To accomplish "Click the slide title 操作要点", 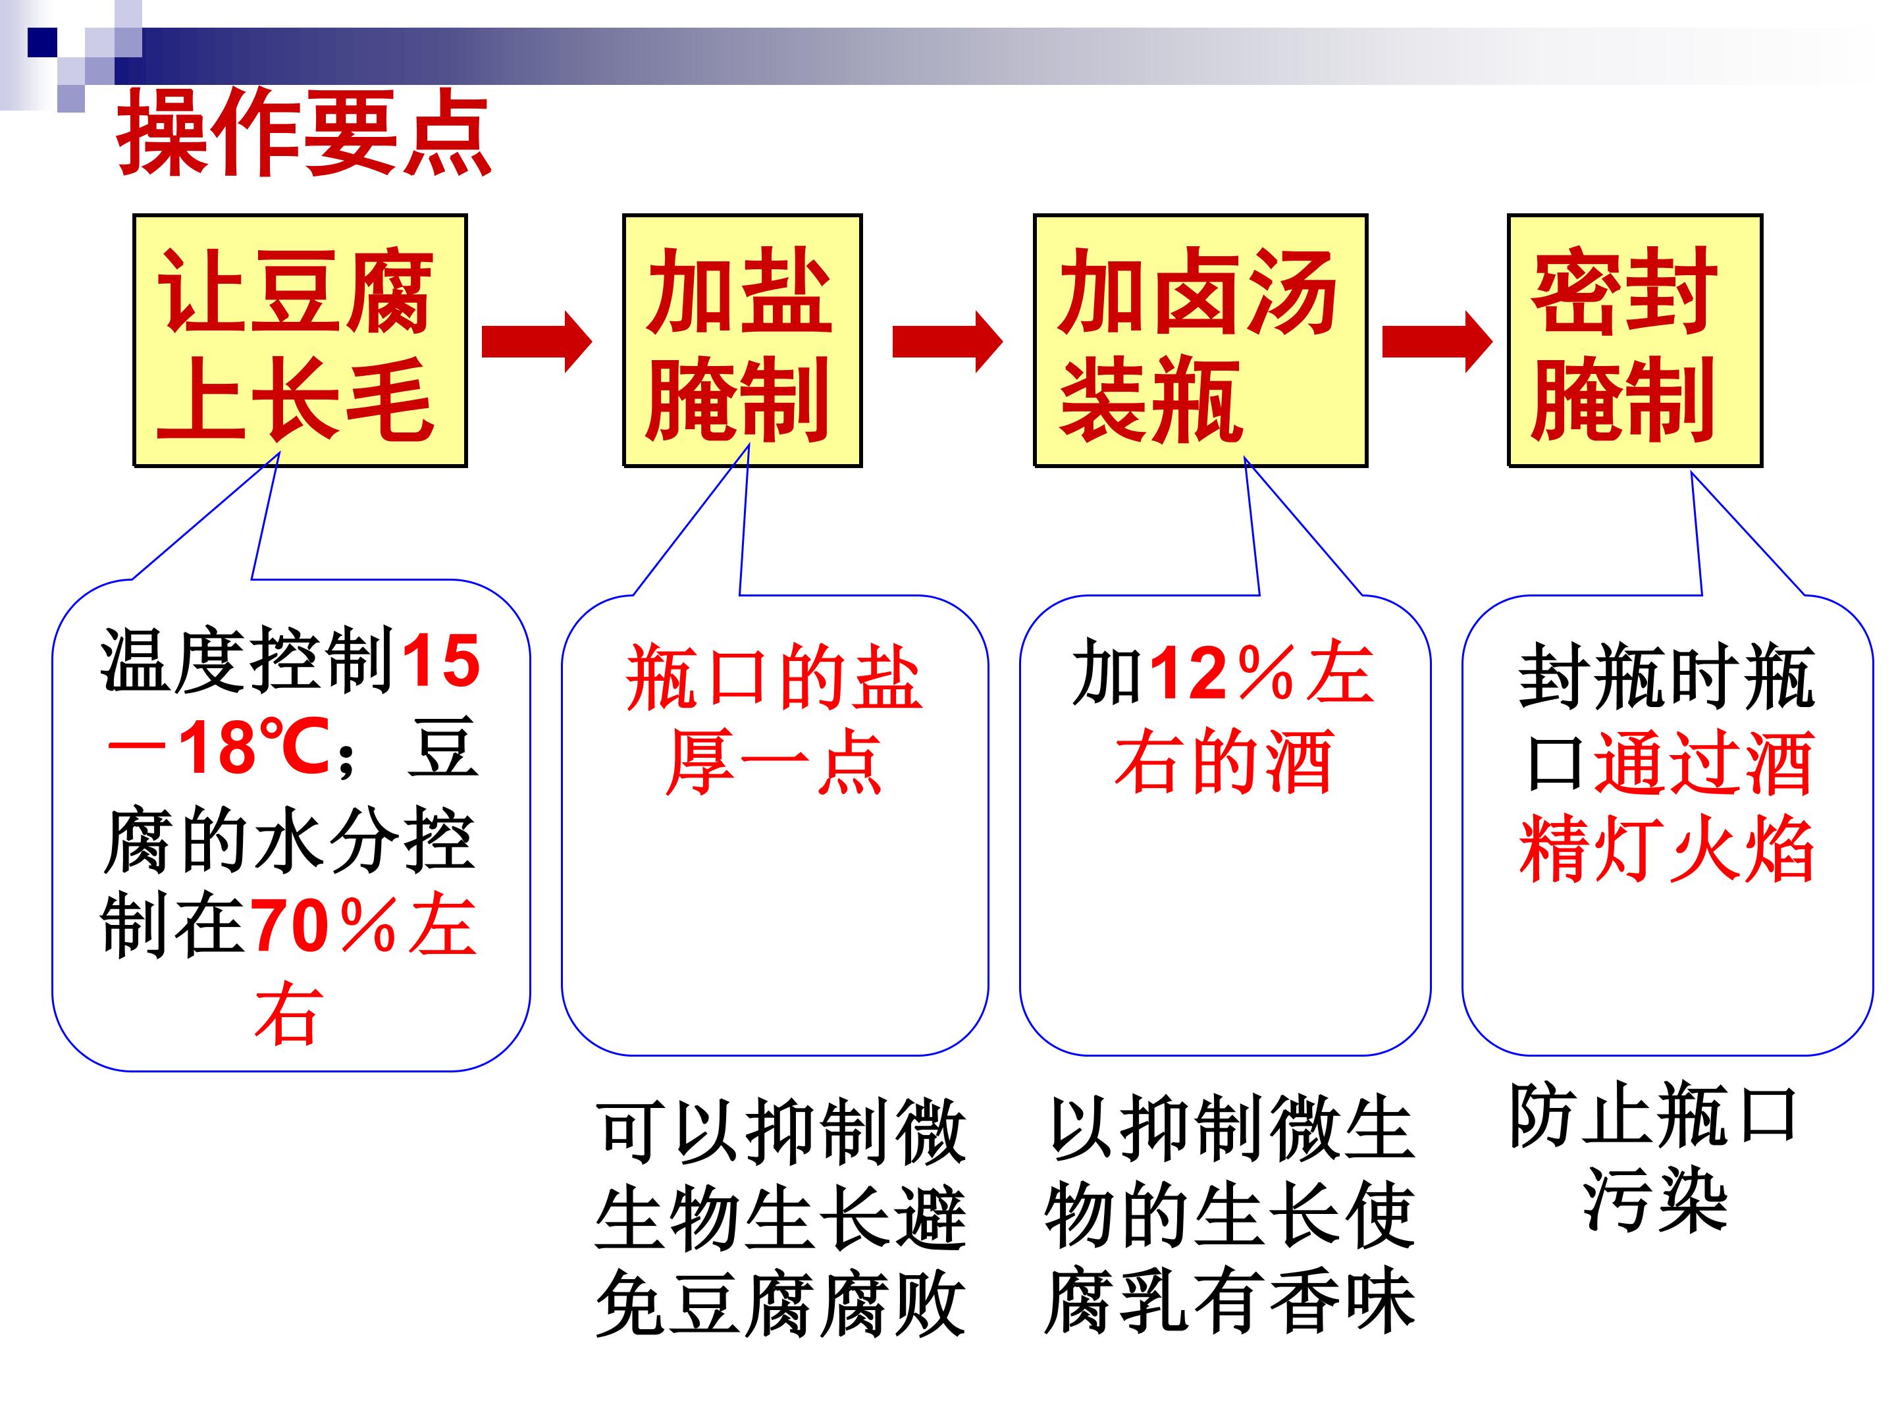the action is [x=304, y=134].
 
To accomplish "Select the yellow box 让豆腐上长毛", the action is [x=300, y=340].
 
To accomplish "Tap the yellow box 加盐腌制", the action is [x=743, y=340].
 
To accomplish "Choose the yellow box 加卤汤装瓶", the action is [x=1200, y=340].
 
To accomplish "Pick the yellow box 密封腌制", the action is [x=1635, y=340].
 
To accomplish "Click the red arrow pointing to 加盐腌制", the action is [x=537, y=341].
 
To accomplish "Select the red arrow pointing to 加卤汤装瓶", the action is [x=947, y=341].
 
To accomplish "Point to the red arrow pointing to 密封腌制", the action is [x=1437, y=341].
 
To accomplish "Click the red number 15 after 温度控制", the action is [x=440, y=661].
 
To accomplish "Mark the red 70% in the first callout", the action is [x=324, y=926].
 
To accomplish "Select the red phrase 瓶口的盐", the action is [x=774, y=678].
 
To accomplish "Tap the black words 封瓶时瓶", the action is [x=1666, y=676].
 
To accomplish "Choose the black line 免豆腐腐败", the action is [x=781, y=1303].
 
